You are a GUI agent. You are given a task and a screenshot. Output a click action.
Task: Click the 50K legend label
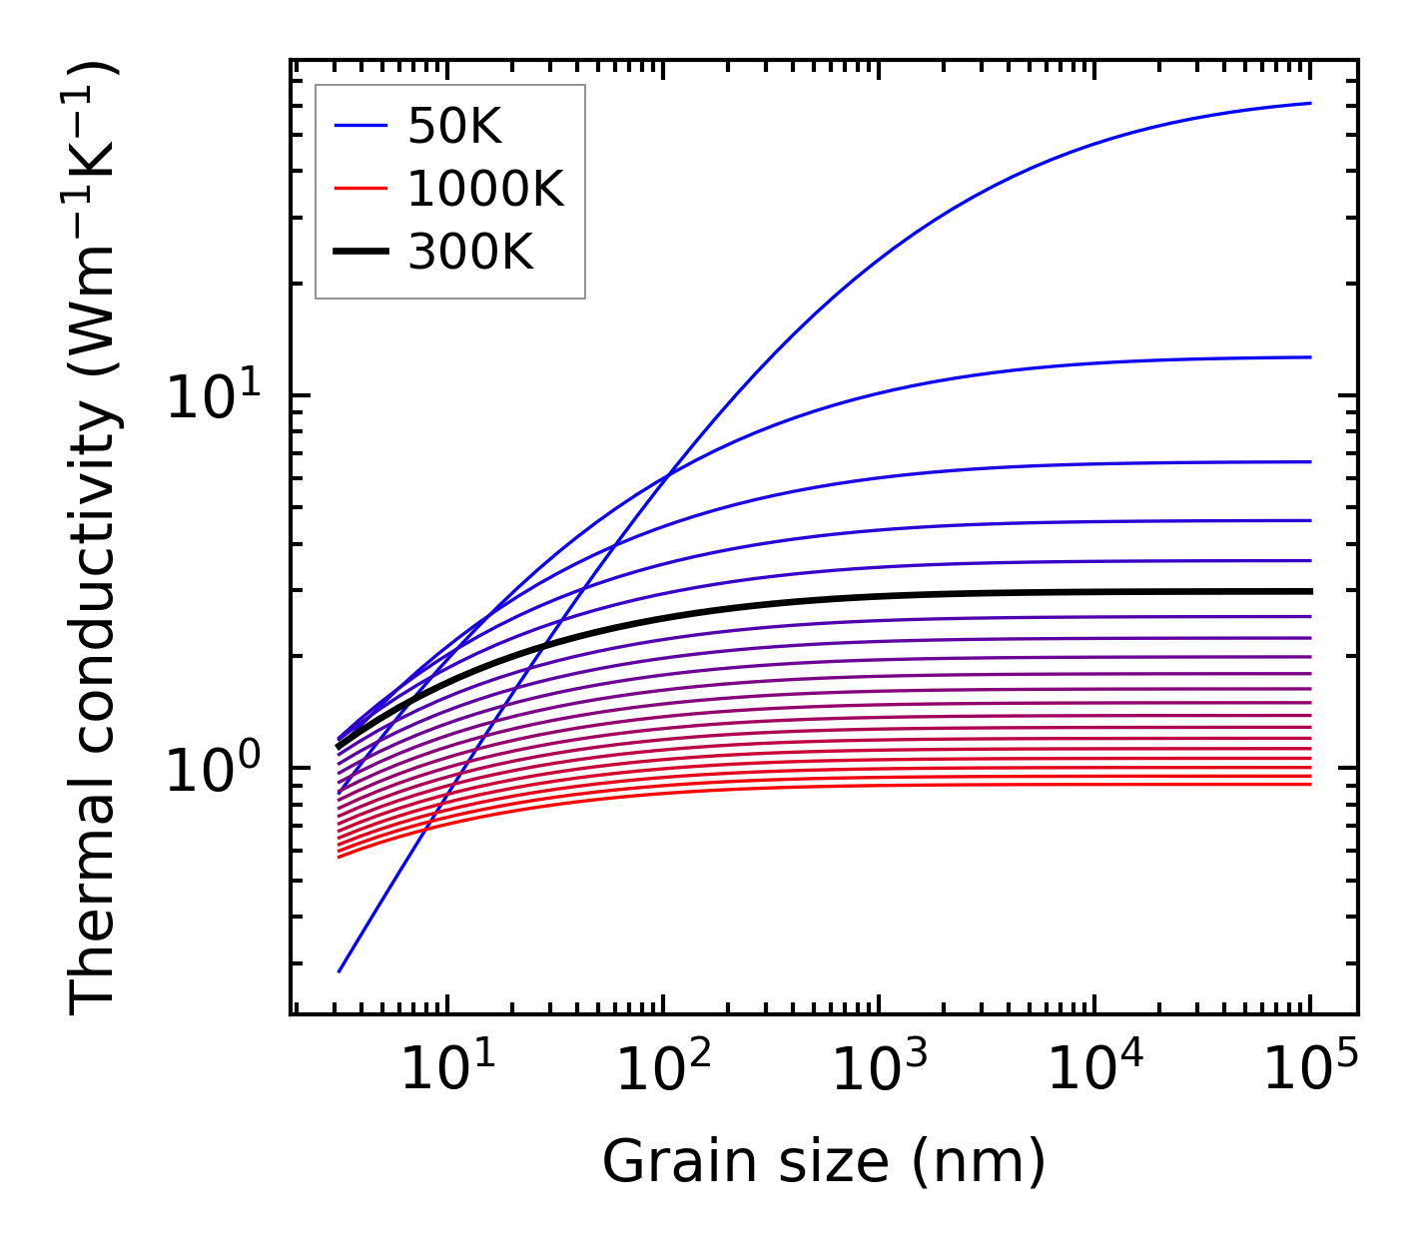pyautogui.click(x=453, y=126)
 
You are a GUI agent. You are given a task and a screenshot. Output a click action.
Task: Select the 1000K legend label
pyautogui.click(x=485, y=189)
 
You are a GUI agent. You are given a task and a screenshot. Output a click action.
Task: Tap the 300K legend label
pyautogui.click(x=470, y=253)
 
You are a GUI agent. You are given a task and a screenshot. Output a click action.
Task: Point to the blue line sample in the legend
pyautogui.click(x=360, y=126)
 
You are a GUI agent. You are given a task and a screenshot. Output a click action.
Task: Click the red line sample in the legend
pyautogui.click(x=360, y=189)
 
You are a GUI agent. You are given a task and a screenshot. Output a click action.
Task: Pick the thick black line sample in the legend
pyautogui.click(x=360, y=253)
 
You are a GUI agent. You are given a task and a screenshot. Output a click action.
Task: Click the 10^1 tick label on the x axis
pyautogui.click(x=446, y=1070)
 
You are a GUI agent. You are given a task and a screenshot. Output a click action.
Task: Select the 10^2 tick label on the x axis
pyautogui.click(x=662, y=1070)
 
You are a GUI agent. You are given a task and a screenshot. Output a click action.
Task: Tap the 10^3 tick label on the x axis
pyautogui.click(x=878, y=1070)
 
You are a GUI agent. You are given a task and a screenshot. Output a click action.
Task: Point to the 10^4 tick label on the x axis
pyautogui.click(x=1093, y=1070)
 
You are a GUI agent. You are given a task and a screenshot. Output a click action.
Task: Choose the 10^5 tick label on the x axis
pyautogui.click(x=1309, y=1070)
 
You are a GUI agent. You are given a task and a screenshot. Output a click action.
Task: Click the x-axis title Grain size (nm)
pyautogui.click(x=824, y=1163)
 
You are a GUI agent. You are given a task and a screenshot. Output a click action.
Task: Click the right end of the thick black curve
pyautogui.click(x=1309, y=591)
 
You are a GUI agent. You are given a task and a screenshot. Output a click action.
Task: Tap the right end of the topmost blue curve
pyautogui.click(x=1309, y=103)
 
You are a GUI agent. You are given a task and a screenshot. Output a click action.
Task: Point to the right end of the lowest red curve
pyautogui.click(x=1309, y=784)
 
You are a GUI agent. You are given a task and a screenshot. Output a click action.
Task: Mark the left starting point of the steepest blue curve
pyautogui.click(x=340, y=970)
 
